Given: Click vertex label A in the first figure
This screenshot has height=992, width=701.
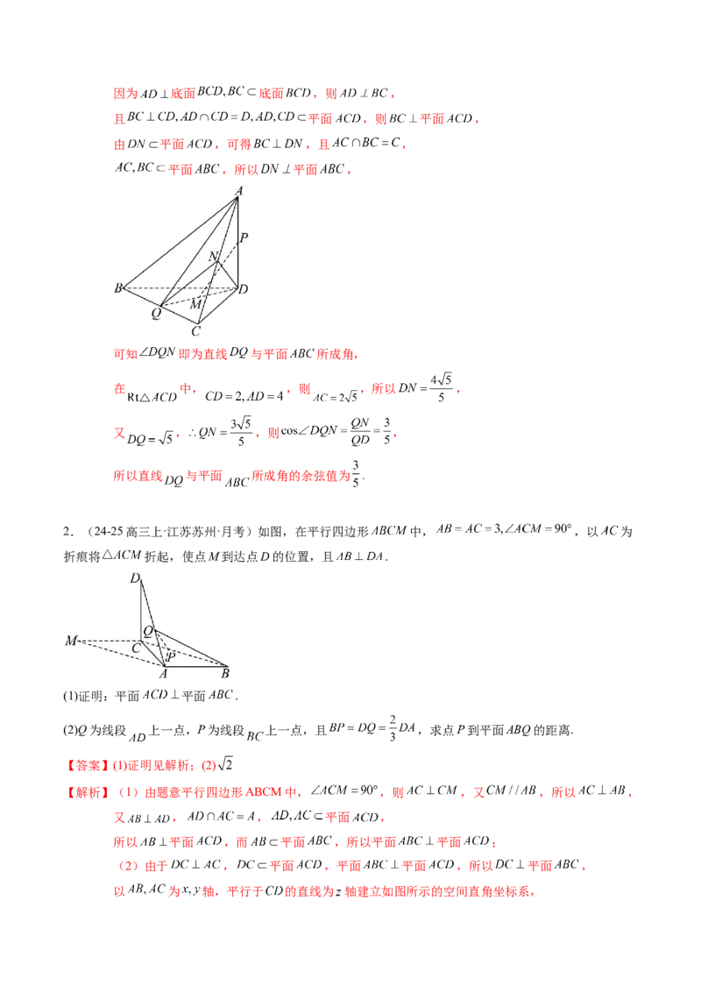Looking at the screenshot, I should pos(237,190).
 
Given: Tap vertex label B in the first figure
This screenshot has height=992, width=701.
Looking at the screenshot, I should pos(117,288).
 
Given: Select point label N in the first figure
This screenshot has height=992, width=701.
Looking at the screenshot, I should pos(213,256).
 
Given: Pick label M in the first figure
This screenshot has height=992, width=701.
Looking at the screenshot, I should pos(196,303).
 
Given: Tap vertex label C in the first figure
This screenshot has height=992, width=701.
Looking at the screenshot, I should pos(196,331).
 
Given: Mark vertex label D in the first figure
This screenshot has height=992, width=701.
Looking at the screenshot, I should pos(244,288).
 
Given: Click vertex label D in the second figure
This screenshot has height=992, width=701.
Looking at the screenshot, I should pos(135,577).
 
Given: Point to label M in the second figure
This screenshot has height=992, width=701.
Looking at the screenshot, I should pos(70,641).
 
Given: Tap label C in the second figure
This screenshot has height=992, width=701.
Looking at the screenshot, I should pos(136,648).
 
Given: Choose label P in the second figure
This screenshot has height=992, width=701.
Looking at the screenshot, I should pos(172,655).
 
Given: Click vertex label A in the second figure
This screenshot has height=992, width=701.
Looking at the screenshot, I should pos(163,673).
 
